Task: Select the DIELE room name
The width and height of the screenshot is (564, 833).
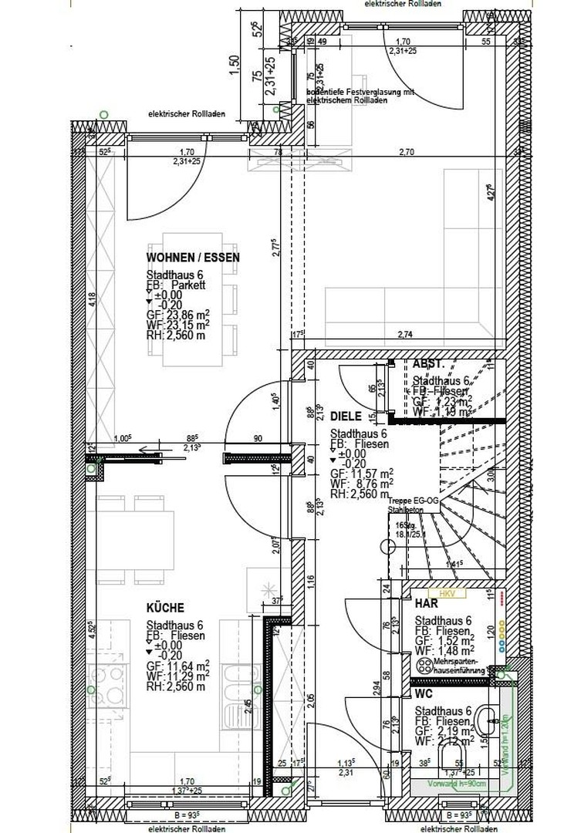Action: tap(346, 414)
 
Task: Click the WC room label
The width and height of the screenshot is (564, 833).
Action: tap(424, 694)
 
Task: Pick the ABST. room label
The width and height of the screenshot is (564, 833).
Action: tap(428, 364)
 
